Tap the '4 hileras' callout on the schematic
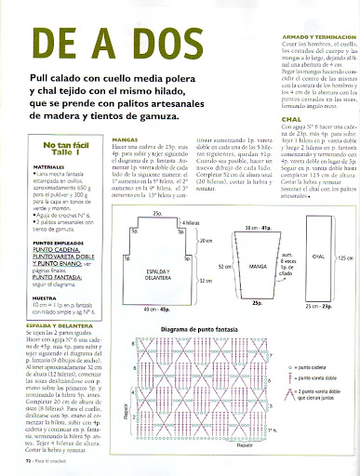tap(190, 223)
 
